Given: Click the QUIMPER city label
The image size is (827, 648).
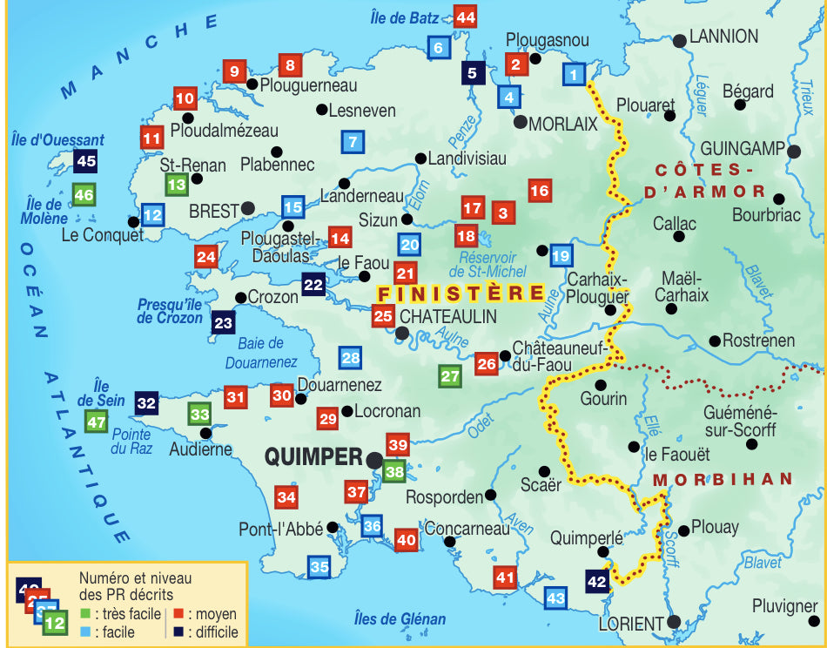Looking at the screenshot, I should click(x=313, y=456).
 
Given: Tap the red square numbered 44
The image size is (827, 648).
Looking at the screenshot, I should click(x=466, y=17).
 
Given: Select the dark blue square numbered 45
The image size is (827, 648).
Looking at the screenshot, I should click(x=86, y=160).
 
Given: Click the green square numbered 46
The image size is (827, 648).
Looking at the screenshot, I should click(x=84, y=196).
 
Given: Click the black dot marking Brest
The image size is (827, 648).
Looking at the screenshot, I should click(x=248, y=209).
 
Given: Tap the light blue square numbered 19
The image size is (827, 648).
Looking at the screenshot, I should click(x=561, y=255).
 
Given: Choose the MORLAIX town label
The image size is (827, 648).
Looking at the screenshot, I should click(x=563, y=125).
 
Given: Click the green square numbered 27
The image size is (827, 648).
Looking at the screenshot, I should click(x=450, y=377).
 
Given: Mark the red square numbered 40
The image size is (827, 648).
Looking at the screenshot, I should click(x=406, y=540).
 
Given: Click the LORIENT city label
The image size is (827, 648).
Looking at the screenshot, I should click(x=631, y=624).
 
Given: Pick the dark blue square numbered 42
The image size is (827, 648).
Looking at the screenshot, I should click(x=597, y=582).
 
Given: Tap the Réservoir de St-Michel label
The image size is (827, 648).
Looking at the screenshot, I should click(x=488, y=265).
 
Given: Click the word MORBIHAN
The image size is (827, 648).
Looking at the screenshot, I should click(x=723, y=479).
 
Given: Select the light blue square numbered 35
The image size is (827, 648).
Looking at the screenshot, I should click(x=319, y=568).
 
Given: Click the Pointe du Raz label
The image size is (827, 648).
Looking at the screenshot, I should click(x=131, y=442).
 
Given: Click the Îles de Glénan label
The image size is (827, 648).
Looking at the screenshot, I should click(x=400, y=619).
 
